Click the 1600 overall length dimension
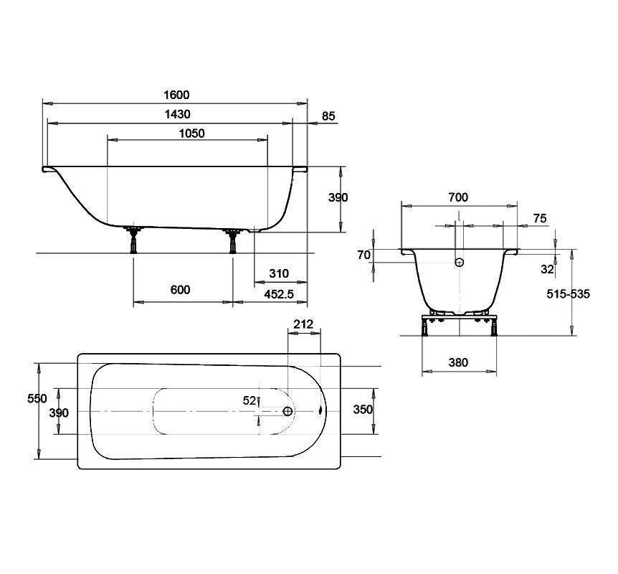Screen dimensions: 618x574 pos(176,95)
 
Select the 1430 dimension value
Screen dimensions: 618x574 pos(177,114)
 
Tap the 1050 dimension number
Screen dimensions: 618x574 pos(192,133)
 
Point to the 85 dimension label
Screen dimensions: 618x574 pos(328,116)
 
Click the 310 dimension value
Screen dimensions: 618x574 pos(279,273)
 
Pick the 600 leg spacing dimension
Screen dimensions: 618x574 pos(181,290)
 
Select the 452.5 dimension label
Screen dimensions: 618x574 pos(279,294)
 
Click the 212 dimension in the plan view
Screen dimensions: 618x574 pos(303,324)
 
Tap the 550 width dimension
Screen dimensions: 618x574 pos(37,398)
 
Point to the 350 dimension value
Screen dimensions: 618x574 pos(363,409)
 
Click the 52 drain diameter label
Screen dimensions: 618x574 pos(249,400)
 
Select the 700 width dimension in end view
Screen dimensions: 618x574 pos(458,197)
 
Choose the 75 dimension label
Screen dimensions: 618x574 pos(540,218)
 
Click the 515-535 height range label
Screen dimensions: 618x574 pos(569,293)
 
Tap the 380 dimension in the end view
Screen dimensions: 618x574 pos(458,362)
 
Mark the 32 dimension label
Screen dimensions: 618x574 pos(548,269)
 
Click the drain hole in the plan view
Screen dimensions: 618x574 pos(288,411)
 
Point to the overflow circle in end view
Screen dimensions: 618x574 pos(460,262)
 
